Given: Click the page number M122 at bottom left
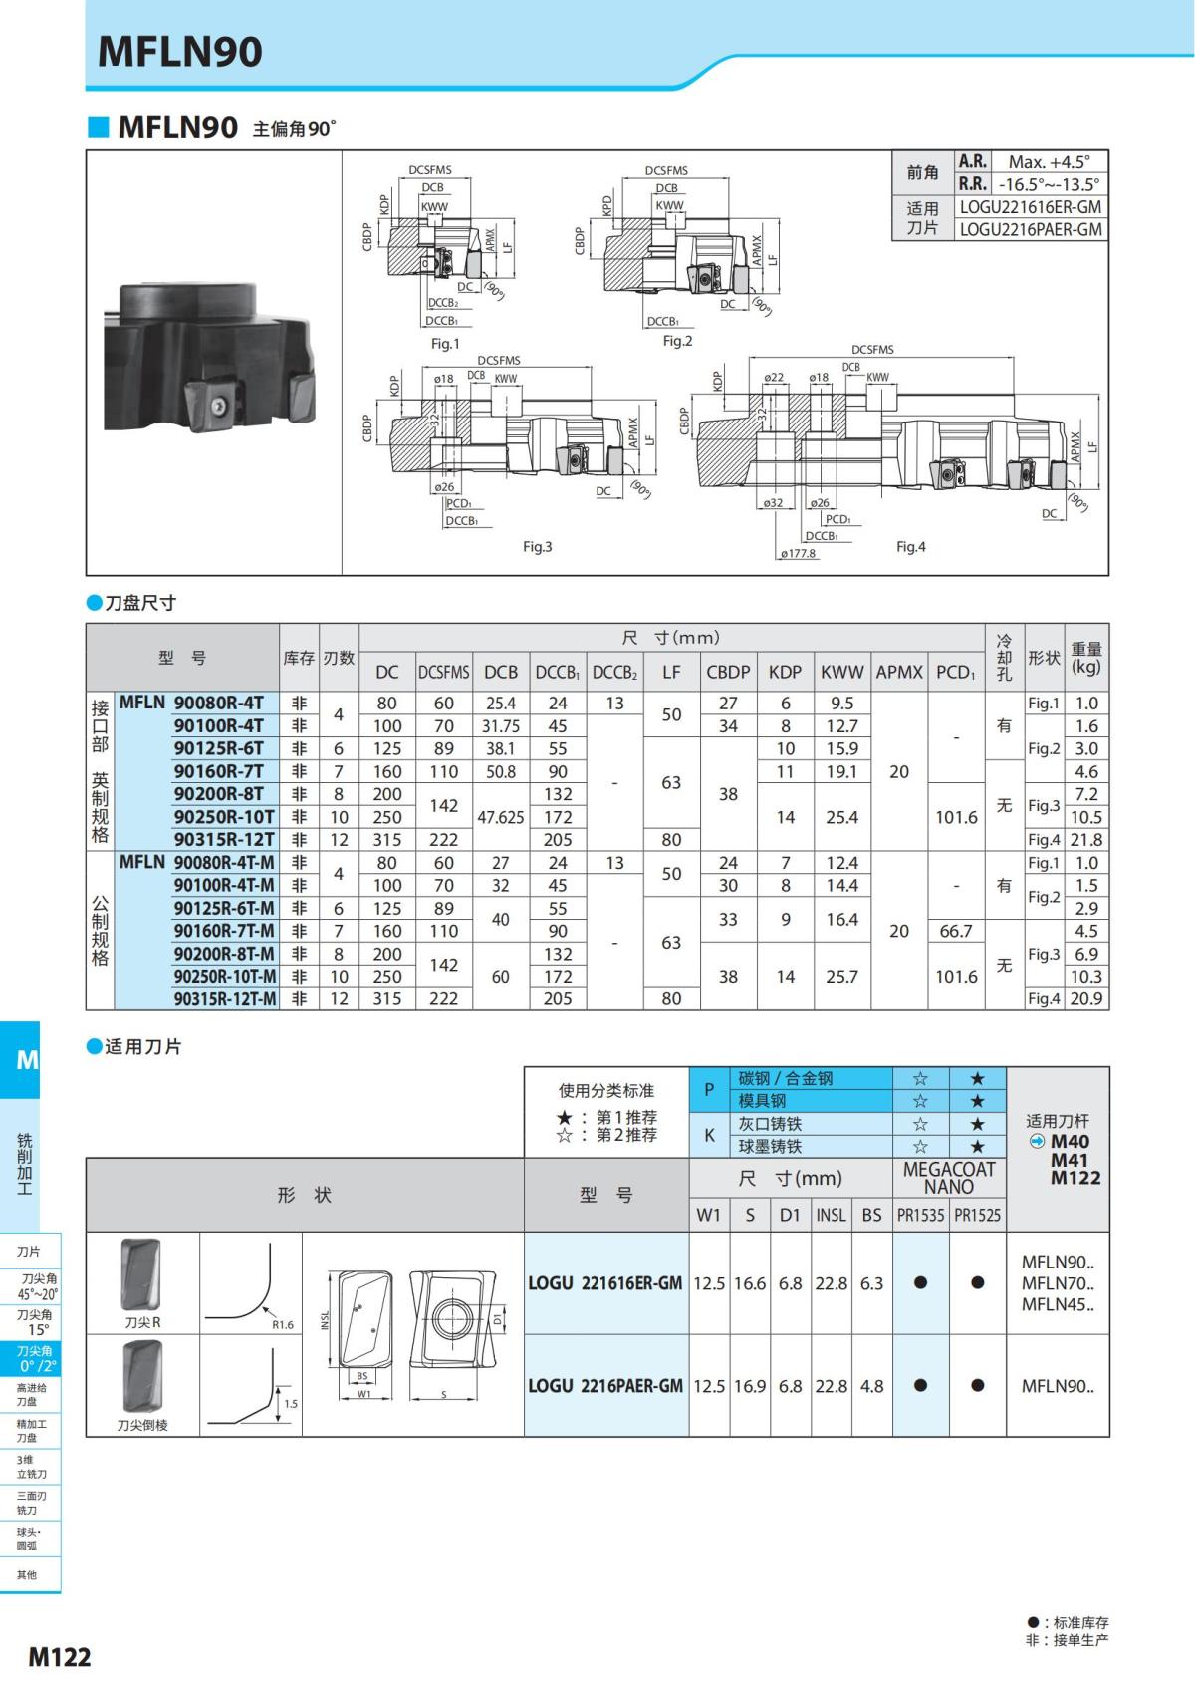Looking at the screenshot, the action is [x=60, y=1657].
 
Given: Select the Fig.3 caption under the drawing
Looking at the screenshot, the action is [x=537, y=546].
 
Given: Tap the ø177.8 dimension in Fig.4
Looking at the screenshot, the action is [x=799, y=553].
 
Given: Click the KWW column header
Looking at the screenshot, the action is [x=841, y=671].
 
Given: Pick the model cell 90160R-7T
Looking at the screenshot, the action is [x=219, y=771].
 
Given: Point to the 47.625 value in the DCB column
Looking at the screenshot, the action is [x=500, y=817].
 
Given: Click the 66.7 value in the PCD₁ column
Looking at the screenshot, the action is [x=956, y=931].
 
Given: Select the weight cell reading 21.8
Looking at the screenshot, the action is [x=1085, y=839].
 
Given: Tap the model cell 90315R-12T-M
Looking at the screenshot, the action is [x=225, y=998].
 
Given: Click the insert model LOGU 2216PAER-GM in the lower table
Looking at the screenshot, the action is [x=605, y=1386].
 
